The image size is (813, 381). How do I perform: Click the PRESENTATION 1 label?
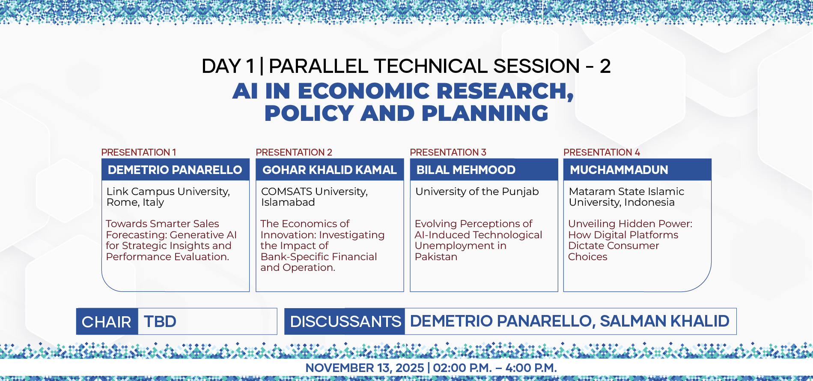[x=138, y=152]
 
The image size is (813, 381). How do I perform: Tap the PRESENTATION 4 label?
[x=602, y=152]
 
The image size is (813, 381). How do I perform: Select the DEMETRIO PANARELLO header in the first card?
[x=175, y=170]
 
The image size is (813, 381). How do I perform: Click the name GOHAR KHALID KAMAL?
[x=330, y=170]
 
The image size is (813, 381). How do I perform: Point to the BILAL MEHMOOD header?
[x=466, y=170]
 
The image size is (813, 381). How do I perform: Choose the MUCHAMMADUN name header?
[x=619, y=170]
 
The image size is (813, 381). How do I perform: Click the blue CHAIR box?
[x=107, y=321]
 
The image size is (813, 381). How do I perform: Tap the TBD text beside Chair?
[x=160, y=321]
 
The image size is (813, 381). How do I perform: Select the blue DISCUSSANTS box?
[x=345, y=321]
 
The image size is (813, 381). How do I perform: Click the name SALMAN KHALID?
[x=664, y=321]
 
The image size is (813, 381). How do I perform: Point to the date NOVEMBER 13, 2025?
[x=364, y=368]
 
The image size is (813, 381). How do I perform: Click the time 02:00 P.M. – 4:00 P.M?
[x=495, y=368]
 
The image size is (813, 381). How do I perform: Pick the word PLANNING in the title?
[x=485, y=113]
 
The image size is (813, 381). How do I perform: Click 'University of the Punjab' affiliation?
[x=477, y=192]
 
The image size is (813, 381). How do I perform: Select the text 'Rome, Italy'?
[x=135, y=202]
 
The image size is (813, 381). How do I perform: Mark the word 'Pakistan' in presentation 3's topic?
[x=436, y=257]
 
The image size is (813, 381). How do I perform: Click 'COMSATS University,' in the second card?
[x=314, y=192]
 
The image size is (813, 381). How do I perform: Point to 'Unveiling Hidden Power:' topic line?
[x=630, y=224]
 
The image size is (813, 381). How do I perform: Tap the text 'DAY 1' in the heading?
[x=228, y=66]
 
